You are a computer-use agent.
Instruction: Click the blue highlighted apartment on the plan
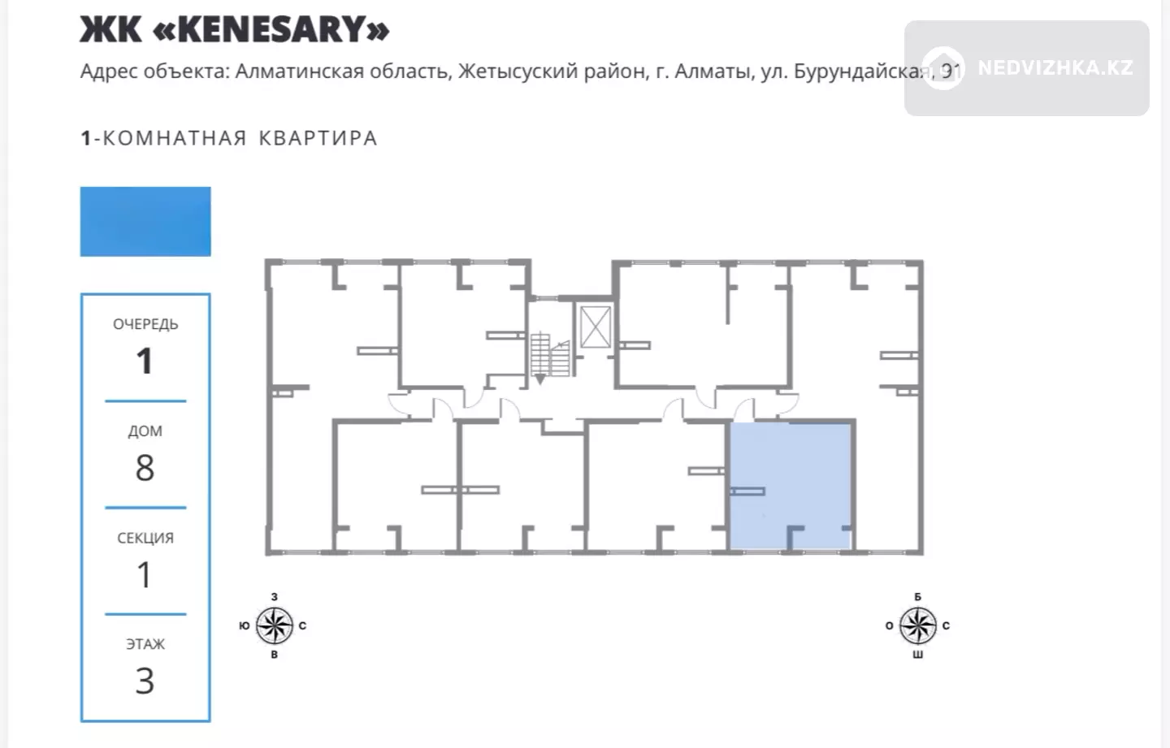click(791, 486)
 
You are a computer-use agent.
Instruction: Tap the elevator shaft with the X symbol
click(596, 326)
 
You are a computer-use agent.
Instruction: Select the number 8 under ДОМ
click(145, 468)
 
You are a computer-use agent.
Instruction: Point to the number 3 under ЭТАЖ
click(145, 681)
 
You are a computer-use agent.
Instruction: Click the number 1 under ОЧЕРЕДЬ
click(145, 361)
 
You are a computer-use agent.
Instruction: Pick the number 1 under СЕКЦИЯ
click(145, 575)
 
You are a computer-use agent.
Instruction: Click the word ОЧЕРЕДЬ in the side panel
click(145, 324)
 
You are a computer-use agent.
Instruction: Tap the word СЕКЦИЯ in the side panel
click(145, 538)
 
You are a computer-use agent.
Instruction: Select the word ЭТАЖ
click(145, 644)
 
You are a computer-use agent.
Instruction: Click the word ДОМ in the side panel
click(145, 431)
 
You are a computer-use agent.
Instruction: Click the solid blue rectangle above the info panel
click(145, 222)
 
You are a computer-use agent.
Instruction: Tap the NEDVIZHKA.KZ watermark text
click(1055, 68)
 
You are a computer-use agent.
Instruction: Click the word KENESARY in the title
click(271, 29)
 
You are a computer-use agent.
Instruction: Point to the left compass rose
click(275, 625)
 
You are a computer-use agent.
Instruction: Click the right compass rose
click(918, 625)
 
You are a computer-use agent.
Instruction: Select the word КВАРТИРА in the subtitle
click(318, 138)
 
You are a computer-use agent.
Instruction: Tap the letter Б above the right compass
click(918, 597)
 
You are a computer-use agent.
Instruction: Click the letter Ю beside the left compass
click(245, 625)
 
